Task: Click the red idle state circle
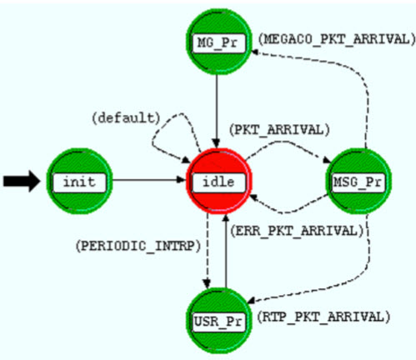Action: pos(219,181)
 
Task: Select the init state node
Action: pos(79,181)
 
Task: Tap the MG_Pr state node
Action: pos(219,42)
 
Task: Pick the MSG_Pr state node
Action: pos(358,181)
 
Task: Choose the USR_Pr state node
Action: pos(219,321)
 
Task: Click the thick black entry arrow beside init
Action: pos(22,181)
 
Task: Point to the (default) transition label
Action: pos(126,118)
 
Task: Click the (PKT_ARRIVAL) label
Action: pos(279,130)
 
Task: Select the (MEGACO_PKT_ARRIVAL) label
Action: pos(337,39)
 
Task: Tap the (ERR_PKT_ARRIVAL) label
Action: pos(297,231)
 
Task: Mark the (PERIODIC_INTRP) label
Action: pos(138,246)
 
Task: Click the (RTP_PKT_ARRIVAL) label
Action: pos(323,317)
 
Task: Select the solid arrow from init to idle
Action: pos(149,180)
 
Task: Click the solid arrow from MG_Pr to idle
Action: pos(217,111)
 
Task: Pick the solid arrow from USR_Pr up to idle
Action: pos(226,251)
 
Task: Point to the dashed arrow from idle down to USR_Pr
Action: pos(207,251)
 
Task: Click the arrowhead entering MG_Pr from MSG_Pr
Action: pos(255,52)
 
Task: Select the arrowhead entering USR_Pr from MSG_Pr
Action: pos(251,301)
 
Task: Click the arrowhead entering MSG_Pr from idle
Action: pos(327,160)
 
